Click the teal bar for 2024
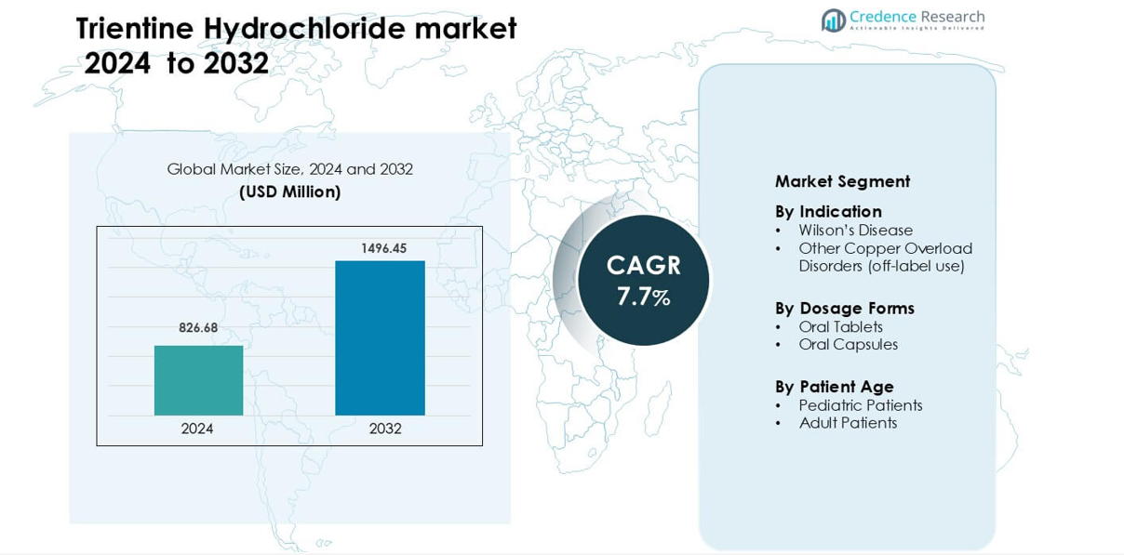click(199, 380)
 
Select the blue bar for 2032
click(380, 337)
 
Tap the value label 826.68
click(198, 328)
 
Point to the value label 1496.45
click(384, 248)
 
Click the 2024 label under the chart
click(196, 429)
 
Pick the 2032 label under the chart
click(385, 429)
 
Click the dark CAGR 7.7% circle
click(643, 280)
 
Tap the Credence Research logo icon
click(834, 20)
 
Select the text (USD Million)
click(290, 192)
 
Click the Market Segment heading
click(842, 181)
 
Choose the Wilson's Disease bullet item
click(855, 231)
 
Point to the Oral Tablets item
click(840, 327)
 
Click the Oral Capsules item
click(848, 344)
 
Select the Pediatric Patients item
click(861, 405)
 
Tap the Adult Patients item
click(848, 423)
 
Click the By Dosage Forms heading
click(845, 309)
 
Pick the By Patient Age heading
click(835, 387)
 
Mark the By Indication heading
click(828, 212)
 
